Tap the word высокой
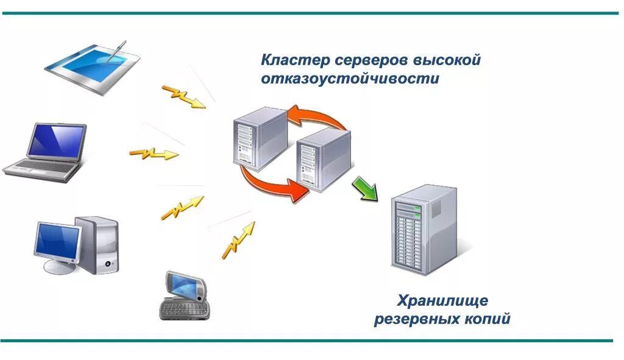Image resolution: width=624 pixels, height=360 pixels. pyautogui.click(x=448, y=60)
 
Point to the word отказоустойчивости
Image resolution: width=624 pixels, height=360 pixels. pyautogui.click(x=350, y=79)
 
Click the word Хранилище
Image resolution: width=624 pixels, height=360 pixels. pyautogui.click(x=442, y=300)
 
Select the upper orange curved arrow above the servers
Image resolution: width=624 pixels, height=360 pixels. pyautogui.click(x=317, y=116)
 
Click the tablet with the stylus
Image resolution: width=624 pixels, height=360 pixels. pyautogui.click(x=91, y=66)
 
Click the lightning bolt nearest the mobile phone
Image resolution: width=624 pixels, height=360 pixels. pyautogui.click(x=238, y=239)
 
